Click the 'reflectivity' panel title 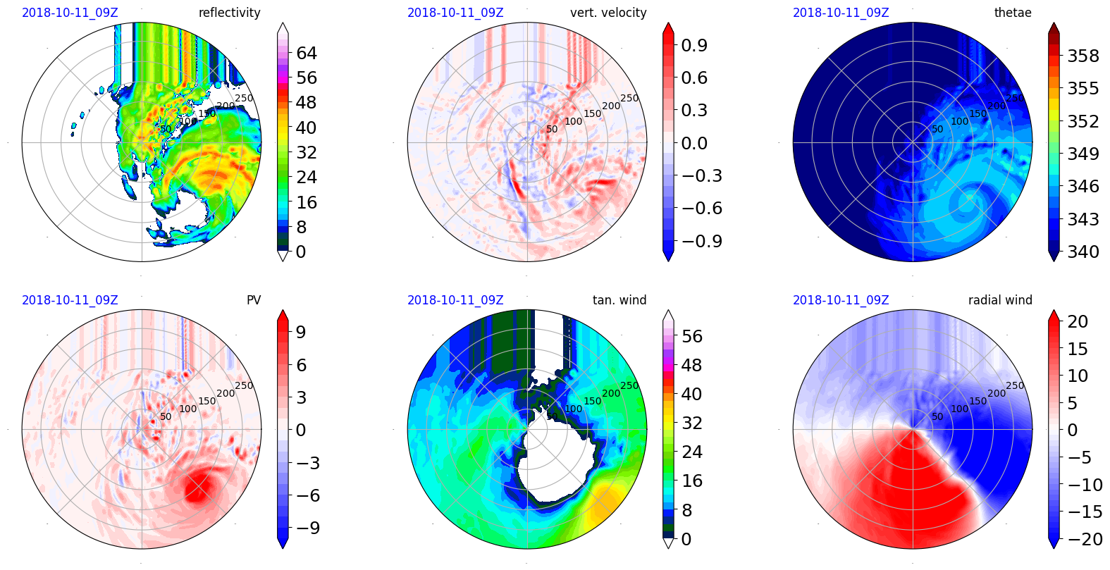[229, 13]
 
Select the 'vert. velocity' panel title [608, 13]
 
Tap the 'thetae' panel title [1013, 13]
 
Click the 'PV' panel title [254, 300]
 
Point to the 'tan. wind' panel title [619, 300]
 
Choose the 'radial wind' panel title [1000, 300]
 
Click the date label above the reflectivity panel [70, 13]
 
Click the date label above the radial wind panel [841, 300]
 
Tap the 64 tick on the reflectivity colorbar [307, 53]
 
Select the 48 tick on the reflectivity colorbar [307, 103]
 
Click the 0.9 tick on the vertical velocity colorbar [694, 45]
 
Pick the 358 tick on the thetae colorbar [1083, 56]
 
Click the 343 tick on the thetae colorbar [1083, 219]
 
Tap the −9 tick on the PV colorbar [308, 528]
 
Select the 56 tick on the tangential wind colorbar [692, 336]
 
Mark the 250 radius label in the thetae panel [1015, 98]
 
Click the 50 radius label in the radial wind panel [937, 416]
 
